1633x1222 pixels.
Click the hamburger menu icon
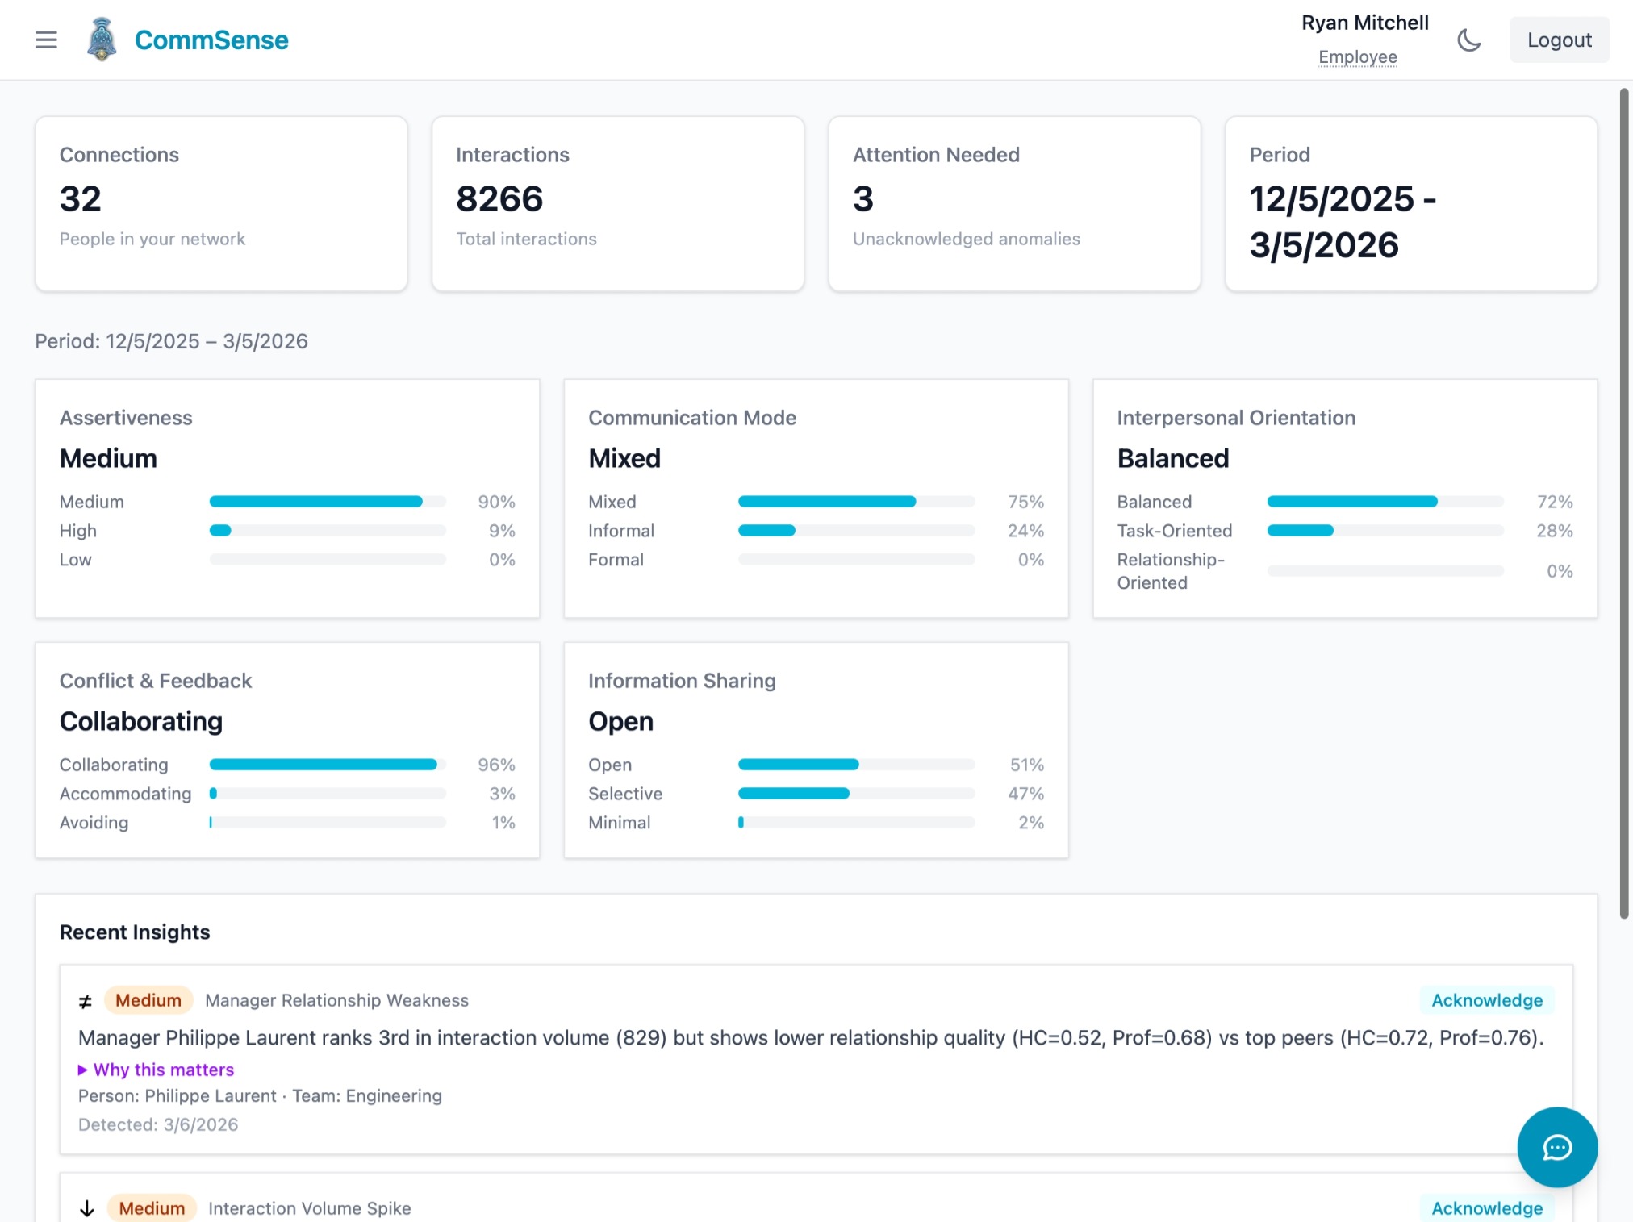(46, 40)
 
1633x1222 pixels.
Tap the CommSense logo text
(211, 40)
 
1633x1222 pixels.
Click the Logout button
(1559, 40)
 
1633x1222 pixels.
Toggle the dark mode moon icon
(1468, 40)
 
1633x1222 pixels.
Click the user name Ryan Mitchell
(1364, 23)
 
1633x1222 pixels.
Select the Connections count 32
(81, 198)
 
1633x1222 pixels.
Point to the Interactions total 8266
(499, 198)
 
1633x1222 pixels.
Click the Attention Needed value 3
(863, 198)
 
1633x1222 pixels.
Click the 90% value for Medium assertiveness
(496, 502)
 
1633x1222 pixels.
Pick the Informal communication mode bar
(856, 531)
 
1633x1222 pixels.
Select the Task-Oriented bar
(1384, 531)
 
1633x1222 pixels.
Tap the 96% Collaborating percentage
(496, 765)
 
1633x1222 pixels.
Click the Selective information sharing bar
(856, 794)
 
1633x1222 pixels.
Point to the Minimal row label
(619, 823)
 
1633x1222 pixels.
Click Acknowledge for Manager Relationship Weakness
(1486, 1000)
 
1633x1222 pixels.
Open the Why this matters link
(163, 1070)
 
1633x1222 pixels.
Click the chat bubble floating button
(1556, 1147)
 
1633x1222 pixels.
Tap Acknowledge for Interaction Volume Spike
(1486, 1208)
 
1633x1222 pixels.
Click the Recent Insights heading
(135, 932)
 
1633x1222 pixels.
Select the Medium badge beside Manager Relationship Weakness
(148, 1000)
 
